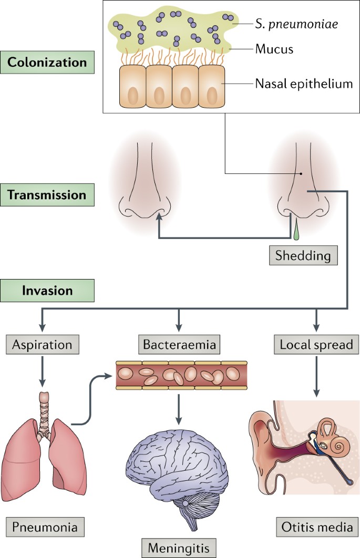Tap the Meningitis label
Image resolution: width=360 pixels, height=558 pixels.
click(179, 546)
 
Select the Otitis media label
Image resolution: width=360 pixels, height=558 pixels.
click(316, 525)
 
